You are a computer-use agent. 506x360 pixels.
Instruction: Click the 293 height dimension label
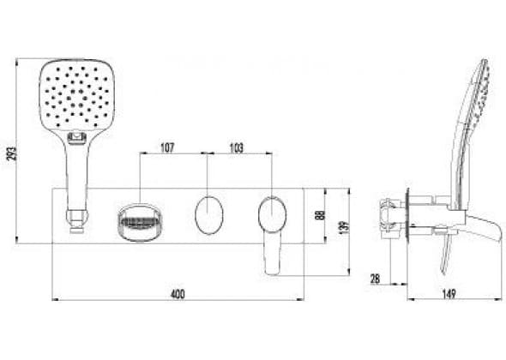click(12, 153)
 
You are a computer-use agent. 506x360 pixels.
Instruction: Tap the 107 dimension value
click(167, 147)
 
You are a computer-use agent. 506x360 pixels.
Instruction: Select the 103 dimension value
click(237, 147)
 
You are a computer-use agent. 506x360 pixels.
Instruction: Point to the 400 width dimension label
click(178, 294)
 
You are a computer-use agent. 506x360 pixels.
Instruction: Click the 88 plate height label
click(319, 215)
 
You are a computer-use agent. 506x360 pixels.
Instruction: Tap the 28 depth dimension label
click(375, 279)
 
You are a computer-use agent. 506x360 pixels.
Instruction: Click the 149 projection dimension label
click(449, 294)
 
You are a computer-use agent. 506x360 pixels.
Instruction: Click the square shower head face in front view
click(77, 97)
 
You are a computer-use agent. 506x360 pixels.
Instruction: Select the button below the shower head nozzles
click(77, 138)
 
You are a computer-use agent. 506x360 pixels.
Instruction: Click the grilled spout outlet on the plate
click(138, 222)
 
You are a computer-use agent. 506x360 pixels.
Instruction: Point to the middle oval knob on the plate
click(208, 214)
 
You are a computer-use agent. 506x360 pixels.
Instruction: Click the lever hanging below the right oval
click(272, 253)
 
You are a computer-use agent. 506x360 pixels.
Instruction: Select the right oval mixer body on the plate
click(272, 214)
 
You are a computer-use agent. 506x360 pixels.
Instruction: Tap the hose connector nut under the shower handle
click(77, 220)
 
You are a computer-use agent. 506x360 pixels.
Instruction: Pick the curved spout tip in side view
click(487, 229)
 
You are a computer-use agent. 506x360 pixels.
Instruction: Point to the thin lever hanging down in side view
click(446, 255)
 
